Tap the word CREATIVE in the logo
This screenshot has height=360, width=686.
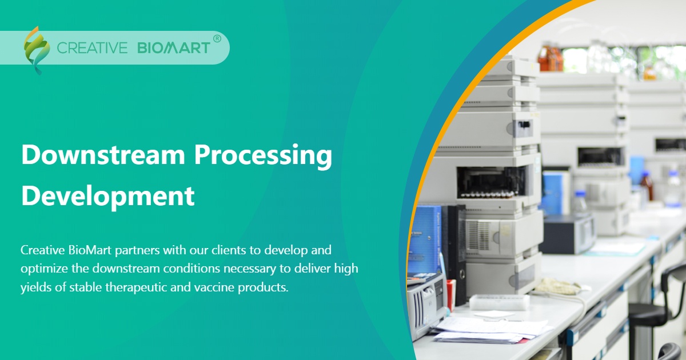pos(92,48)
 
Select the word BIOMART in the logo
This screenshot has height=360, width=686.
pos(173,48)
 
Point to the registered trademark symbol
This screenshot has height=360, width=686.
pos(217,39)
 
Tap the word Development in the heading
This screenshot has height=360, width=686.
pos(108,196)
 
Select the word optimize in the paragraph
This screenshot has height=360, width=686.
pos(43,268)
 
